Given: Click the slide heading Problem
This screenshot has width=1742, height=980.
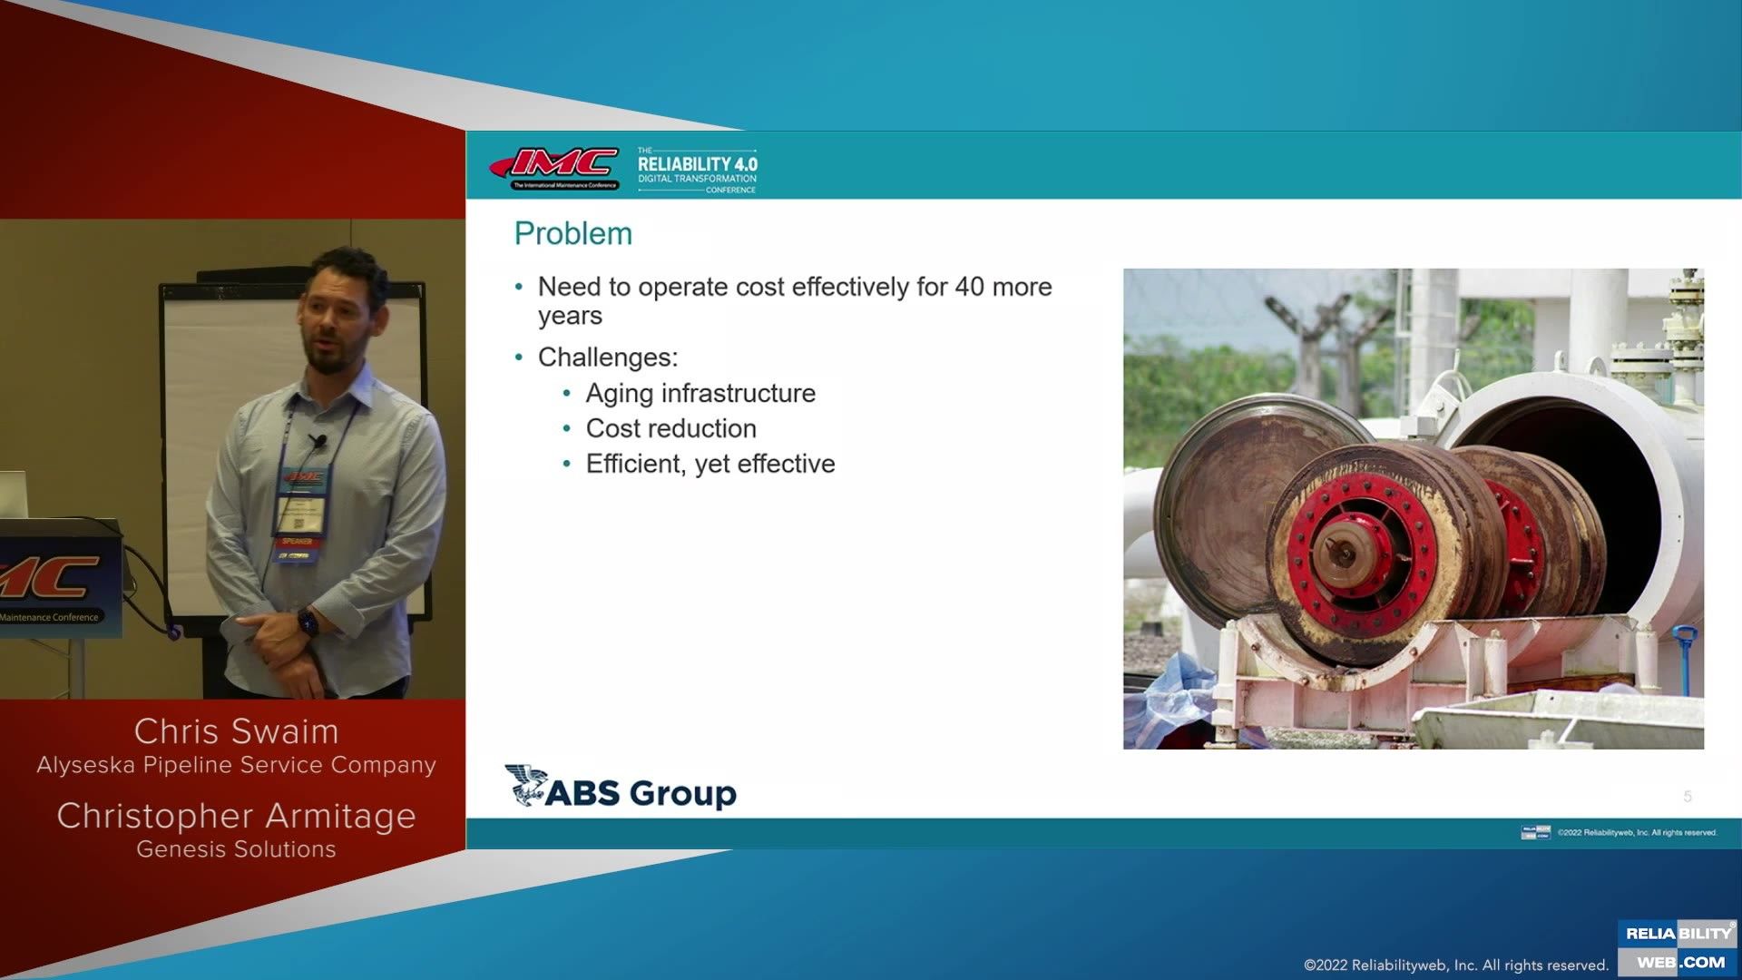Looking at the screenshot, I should point(573,234).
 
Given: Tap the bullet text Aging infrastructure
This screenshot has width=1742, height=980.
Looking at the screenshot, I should point(700,393).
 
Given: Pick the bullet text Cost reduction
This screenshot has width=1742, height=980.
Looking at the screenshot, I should point(670,428).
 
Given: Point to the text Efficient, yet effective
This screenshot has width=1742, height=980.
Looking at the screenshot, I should point(710,464).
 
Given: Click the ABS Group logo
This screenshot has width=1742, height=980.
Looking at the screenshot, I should point(621,789).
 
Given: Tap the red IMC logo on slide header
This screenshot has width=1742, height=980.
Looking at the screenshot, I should point(555,167).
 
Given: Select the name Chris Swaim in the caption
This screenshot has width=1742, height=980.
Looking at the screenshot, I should point(236,731).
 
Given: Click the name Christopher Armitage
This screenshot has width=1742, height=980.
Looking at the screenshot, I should point(236,816).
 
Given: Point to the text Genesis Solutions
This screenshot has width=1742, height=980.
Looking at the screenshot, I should point(236,849).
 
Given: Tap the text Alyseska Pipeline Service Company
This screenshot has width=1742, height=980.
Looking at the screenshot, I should point(236,765).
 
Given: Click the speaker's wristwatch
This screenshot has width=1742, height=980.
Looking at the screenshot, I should point(308,622).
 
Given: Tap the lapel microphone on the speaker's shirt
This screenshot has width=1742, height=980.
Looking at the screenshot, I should point(318,441).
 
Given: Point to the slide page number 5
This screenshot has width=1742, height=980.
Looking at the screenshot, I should point(1688,797).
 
